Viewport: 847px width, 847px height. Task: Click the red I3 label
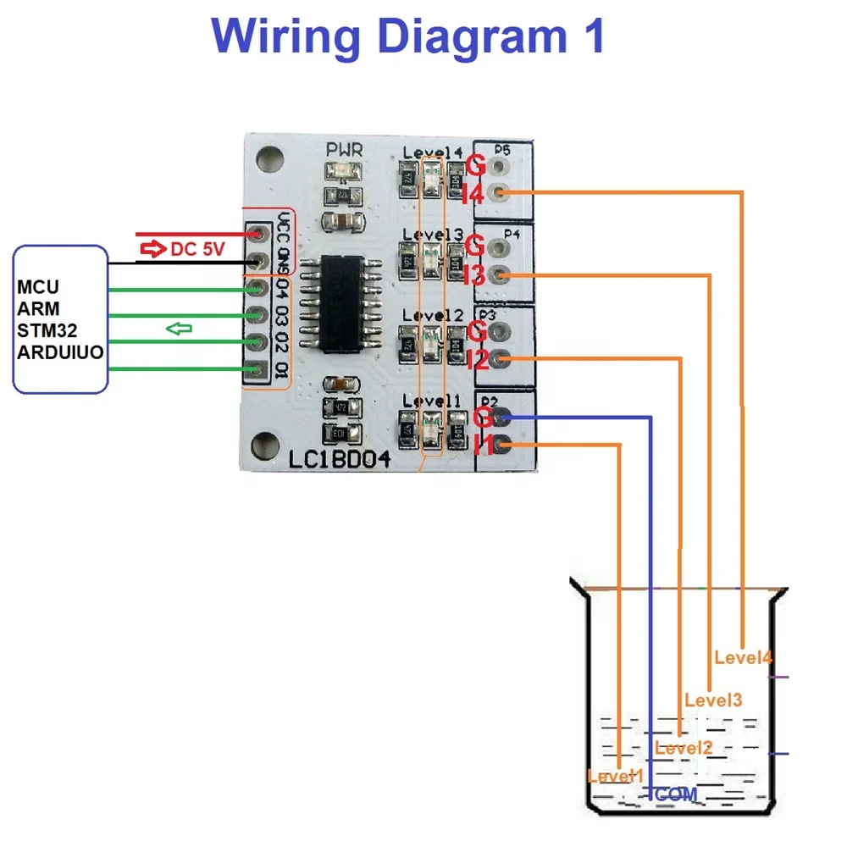point(473,274)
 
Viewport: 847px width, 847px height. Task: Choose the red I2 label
point(476,360)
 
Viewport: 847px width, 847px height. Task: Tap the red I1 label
point(483,445)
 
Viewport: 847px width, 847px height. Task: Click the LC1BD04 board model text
point(340,460)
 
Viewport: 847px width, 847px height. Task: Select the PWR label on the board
point(345,151)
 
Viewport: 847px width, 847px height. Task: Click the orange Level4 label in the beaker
point(743,656)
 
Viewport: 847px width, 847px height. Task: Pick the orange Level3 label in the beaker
point(713,700)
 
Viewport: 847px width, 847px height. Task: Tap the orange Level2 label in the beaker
point(684,747)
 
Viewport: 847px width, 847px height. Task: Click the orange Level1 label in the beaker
point(615,775)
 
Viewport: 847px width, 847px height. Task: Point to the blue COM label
point(676,794)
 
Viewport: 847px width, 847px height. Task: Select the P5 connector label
point(501,151)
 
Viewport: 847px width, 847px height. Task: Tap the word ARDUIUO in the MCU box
point(60,351)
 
